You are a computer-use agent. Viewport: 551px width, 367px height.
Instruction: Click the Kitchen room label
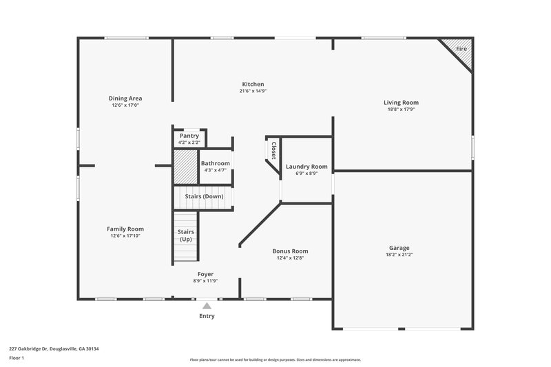(x=252, y=84)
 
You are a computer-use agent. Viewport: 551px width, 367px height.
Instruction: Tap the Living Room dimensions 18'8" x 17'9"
(x=401, y=109)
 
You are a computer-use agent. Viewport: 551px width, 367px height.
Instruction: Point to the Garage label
(x=399, y=248)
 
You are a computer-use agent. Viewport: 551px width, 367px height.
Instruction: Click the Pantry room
(x=189, y=138)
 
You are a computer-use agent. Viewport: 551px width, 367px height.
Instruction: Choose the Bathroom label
(x=215, y=163)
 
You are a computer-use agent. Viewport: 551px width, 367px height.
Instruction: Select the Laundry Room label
(x=306, y=167)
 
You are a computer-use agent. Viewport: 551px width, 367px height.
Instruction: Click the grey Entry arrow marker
(x=207, y=305)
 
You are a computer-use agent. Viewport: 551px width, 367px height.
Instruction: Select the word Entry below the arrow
(x=207, y=316)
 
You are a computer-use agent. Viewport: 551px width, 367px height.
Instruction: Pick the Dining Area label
(x=125, y=98)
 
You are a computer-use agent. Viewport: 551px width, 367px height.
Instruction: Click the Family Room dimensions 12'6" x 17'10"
(x=125, y=235)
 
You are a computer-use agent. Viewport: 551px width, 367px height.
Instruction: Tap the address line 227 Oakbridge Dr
(x=54, y=348)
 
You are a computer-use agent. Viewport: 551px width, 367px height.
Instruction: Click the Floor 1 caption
(x=17, y=358)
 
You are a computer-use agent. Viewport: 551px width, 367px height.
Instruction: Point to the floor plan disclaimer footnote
(x=275, y=359)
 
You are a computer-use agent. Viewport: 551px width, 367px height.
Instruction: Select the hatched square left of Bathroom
(x=185, y=165)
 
